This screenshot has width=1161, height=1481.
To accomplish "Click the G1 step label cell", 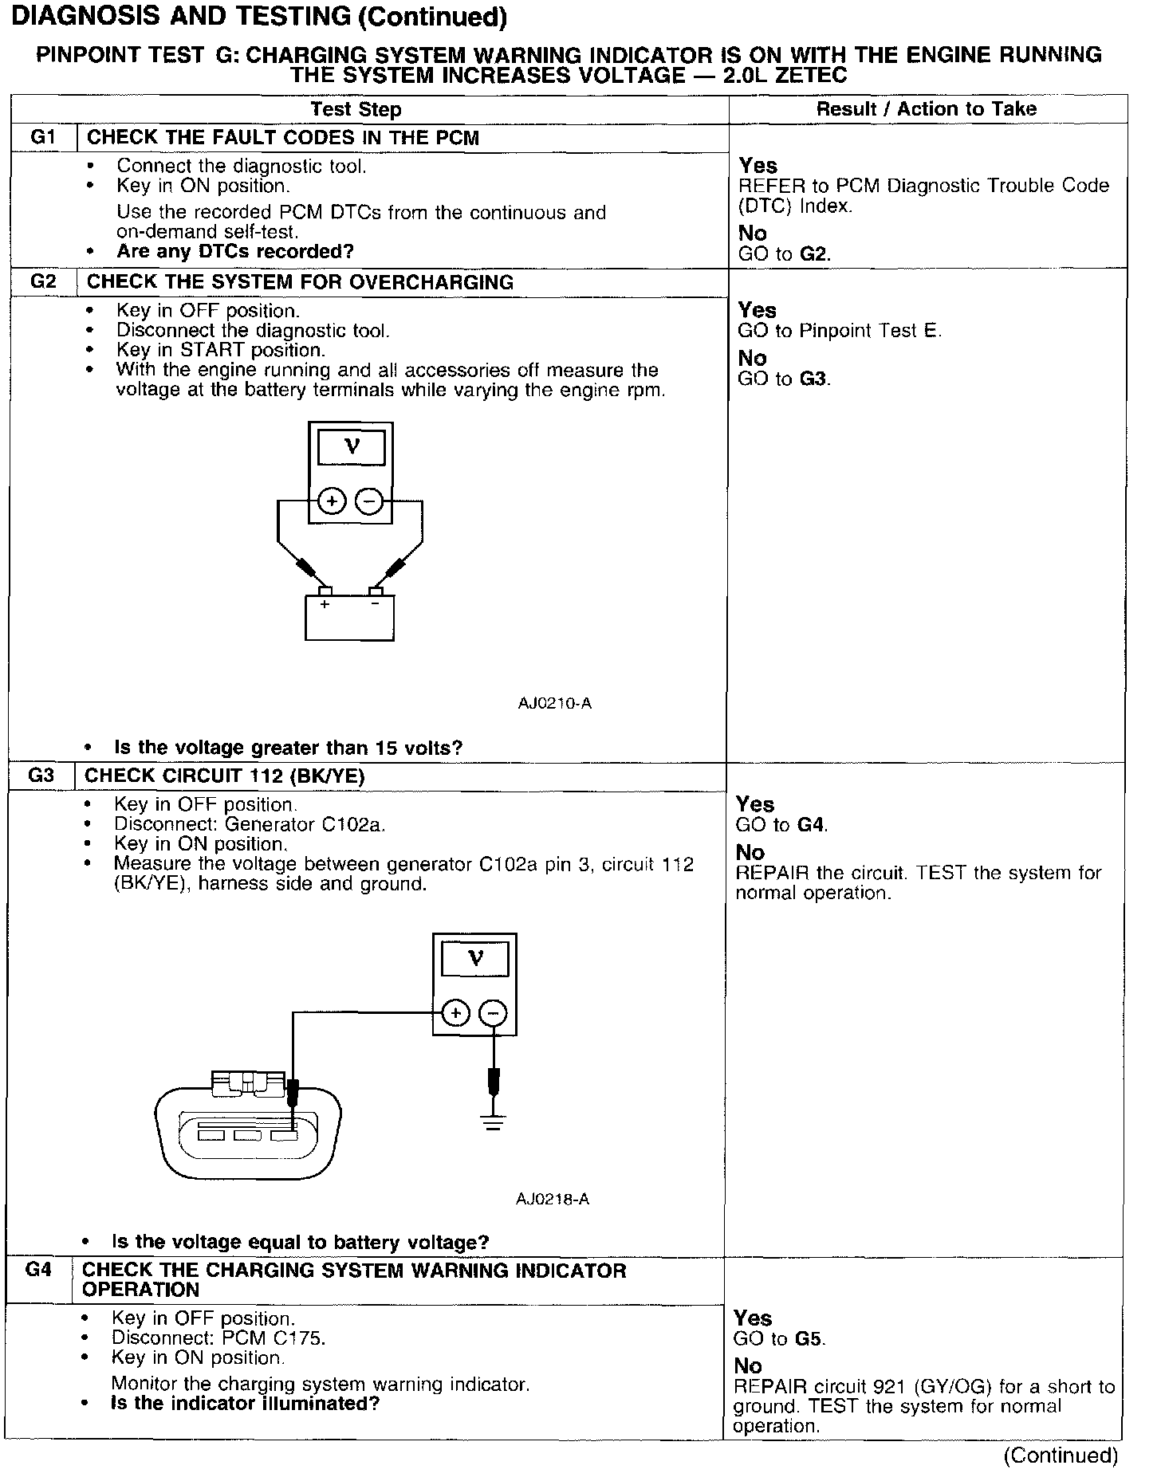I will pos(43,137).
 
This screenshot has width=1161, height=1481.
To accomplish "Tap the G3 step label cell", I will pos(41,776).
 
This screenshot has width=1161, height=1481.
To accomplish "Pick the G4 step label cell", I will pos(38,1270).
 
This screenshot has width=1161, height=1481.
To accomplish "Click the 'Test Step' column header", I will pos(356,109).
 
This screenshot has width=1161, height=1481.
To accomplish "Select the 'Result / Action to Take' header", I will pos(927,109).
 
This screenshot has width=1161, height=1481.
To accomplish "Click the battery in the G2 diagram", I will pos(350,617).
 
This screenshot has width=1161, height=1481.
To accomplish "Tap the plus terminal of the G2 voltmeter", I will pos(332,501).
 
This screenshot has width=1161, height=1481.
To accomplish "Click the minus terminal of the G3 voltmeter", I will pos(493,1013).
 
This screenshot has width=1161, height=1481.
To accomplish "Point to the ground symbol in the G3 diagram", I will pos(494,1125).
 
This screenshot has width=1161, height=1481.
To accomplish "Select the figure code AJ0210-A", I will pos(554,703).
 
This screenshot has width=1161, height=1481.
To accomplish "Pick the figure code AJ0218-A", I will pos(553,1198).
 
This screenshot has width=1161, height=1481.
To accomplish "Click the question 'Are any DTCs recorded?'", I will pos(235,251).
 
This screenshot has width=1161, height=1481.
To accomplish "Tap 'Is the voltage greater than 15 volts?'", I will pos(289,748).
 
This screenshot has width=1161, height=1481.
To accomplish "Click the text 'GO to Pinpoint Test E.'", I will pos(840,331).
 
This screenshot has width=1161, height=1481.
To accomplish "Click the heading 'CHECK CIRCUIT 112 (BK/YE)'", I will pos(224,776).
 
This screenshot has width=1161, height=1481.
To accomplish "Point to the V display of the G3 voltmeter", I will pos(475,958).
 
